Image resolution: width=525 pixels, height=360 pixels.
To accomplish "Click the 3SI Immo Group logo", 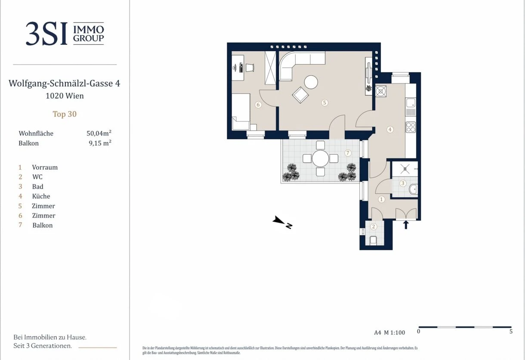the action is click(65, 34).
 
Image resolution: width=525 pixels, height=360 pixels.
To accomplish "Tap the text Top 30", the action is click(65, 114).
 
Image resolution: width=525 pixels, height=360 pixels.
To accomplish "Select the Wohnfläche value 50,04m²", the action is click(99, 133).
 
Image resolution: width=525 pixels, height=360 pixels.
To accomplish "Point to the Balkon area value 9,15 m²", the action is click(100, 143).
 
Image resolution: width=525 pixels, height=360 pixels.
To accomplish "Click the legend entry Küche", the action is click(41, 196).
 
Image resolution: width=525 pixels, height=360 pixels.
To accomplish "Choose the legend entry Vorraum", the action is click(45, 167).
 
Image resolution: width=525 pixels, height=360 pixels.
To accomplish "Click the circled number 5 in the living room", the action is click(324, 102).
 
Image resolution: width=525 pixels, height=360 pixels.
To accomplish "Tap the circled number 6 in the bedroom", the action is click(258, 105).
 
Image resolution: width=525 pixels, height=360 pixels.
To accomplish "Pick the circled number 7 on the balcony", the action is click(348, 153).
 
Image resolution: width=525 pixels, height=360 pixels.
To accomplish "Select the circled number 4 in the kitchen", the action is click(390, 129).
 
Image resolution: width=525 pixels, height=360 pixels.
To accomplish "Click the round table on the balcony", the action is click(321, 158).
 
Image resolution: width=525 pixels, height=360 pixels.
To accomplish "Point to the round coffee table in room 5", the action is click(311, 82).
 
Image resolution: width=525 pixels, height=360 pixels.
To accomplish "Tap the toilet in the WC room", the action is click(374, 241).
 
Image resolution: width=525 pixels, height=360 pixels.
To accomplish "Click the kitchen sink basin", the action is click(411, 103).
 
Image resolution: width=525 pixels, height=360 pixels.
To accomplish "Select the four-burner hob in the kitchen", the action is click(411, 127).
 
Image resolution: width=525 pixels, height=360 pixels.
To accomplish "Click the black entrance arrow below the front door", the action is click(406, 225).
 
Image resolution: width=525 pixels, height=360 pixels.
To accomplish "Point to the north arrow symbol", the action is click(282, 222).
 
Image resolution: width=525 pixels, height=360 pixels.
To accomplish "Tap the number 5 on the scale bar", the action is click(511, 332).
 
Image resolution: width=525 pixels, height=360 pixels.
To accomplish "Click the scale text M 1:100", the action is click(395, 332).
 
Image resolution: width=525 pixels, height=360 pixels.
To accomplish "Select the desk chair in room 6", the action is click(250, 68).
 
